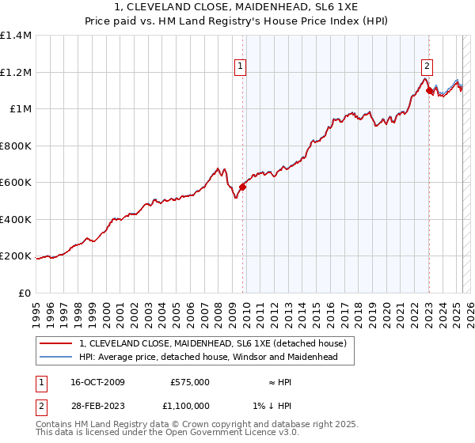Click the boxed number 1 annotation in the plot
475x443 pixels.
click(240, 67)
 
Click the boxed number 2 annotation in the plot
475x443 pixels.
click(427, 67)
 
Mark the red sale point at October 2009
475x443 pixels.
click(242, 187)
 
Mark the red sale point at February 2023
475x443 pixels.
click(429, 91)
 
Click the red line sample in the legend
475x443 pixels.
click(55, 344)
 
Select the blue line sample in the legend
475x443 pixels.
click(55, 357)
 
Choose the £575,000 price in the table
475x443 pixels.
click(190, 382)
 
